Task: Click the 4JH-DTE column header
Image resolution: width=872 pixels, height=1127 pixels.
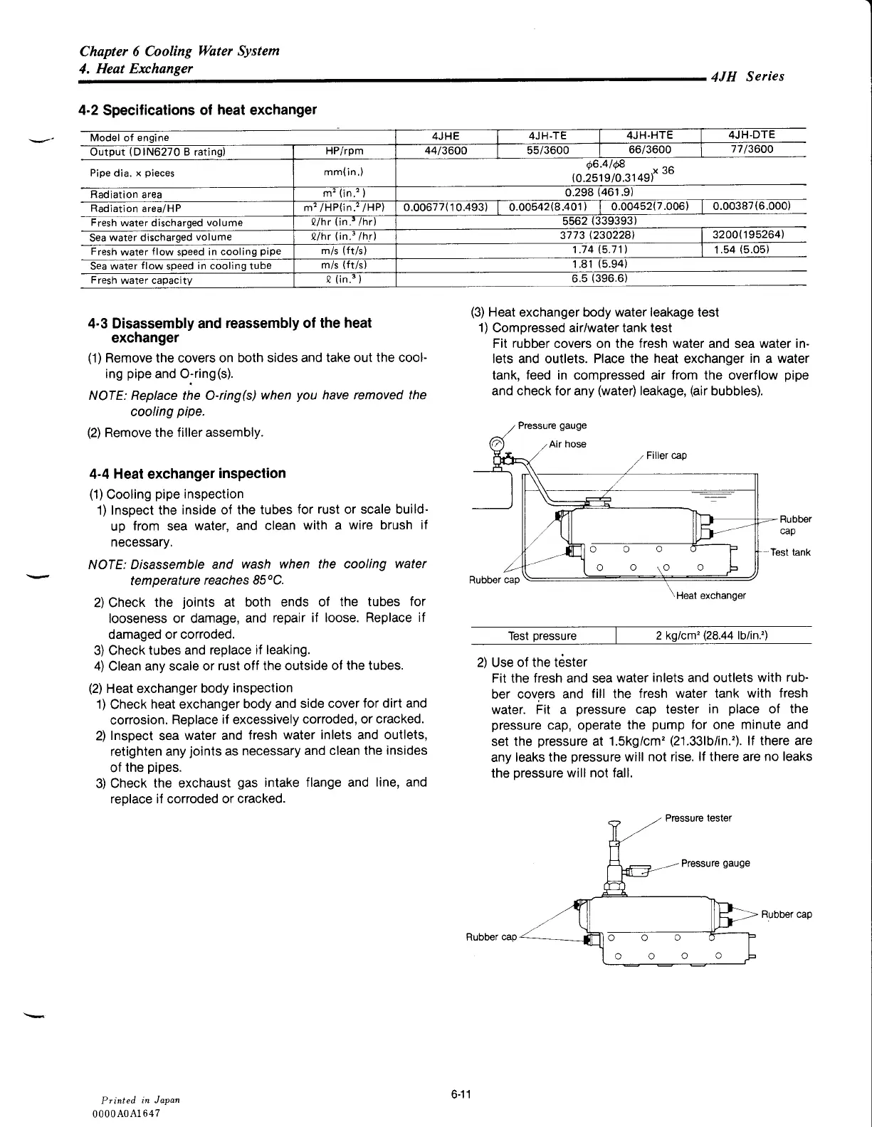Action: [x=752, y=135]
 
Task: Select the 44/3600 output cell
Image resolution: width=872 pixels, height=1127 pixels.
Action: [x=446, y=150]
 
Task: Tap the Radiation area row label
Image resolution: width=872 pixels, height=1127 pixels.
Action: [x=126, y=194]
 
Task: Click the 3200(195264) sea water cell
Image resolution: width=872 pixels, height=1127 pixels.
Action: [x=752, y=235]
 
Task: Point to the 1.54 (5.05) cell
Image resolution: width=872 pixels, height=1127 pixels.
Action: [x=740, y=250]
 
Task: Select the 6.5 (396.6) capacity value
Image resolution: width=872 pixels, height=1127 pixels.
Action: [x=599, y=278]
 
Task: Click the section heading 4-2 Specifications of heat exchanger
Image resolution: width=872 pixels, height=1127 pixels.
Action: [x=197, y=110]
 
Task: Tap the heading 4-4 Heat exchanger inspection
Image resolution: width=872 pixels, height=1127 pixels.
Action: [x=188, y=474]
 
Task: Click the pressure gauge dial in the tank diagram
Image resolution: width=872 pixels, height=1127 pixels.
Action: [x=497, y=445]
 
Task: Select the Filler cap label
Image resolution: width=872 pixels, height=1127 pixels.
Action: [x=666, y=455]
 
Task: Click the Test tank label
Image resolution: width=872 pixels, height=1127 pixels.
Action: [x=790, y=552]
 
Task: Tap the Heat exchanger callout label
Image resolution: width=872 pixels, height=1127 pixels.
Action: [x=710, y=596]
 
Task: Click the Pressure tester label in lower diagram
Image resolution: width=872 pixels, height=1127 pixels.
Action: [x=698, y=818]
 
